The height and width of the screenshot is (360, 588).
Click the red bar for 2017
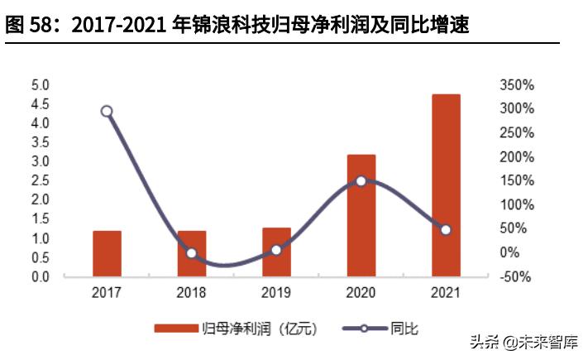tap(107, 253)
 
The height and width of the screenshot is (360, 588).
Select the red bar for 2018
tap(191, 253)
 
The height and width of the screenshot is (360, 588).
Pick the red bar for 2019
tap(276, 252)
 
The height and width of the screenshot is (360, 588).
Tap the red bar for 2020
tap(361, 215)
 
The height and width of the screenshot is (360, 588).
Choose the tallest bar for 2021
tap(446, 185)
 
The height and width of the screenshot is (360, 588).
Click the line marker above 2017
tap(107, 111)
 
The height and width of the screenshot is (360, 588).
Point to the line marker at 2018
tap(191, 253)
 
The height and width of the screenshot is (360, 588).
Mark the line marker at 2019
tap(276, 249)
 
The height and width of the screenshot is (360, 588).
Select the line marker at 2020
tap(361, 180)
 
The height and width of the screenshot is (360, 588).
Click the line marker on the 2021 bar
tap(446, 229)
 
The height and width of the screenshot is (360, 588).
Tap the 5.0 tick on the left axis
tap(40, 85)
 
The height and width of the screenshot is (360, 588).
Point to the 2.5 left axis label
tap(40, 181)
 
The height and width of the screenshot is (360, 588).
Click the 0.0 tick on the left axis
tap(40, 276)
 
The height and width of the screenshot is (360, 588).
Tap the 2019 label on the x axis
tap(276, 293)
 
